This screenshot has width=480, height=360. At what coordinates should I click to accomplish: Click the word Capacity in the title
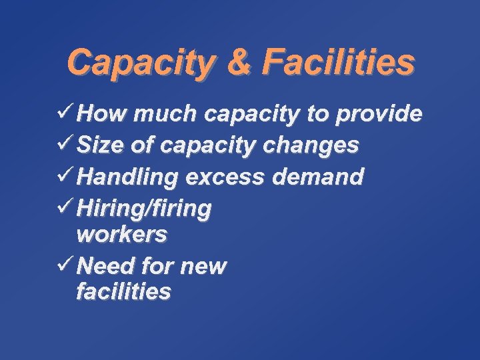click(x=140, y=63)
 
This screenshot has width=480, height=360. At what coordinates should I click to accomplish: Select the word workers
click(x=122, y=235)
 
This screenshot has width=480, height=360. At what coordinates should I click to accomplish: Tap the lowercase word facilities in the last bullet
click(x=124, y=292)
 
